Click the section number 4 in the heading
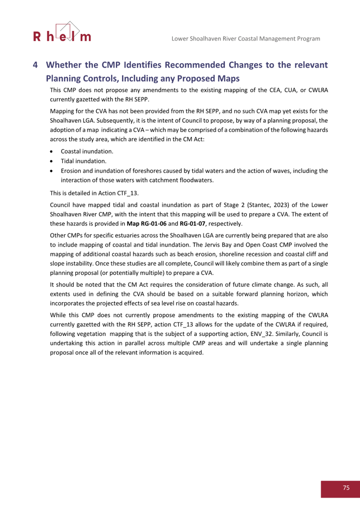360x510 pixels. (35, 65)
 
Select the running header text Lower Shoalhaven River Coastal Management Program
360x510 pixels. (245, 38)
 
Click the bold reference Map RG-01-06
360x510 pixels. (146, 223)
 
